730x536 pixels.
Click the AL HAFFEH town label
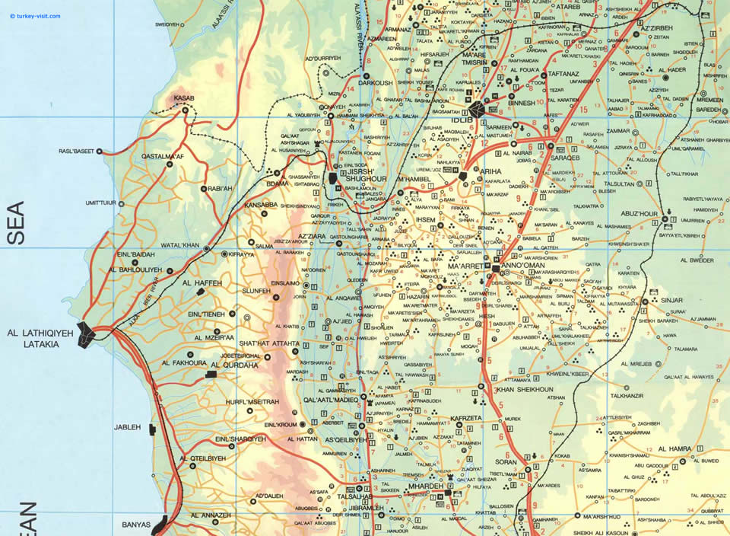click(x=202, y=282)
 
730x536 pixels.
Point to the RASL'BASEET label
click(x=76, y=152)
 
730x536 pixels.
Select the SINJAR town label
click(x=672, y=301)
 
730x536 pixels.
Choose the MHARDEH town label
click(x=424, y=484)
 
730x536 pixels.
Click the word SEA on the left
click(x=16, y=222)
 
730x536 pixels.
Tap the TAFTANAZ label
click(x=564, y=75)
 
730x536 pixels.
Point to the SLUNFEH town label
click(x=255, y=290)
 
